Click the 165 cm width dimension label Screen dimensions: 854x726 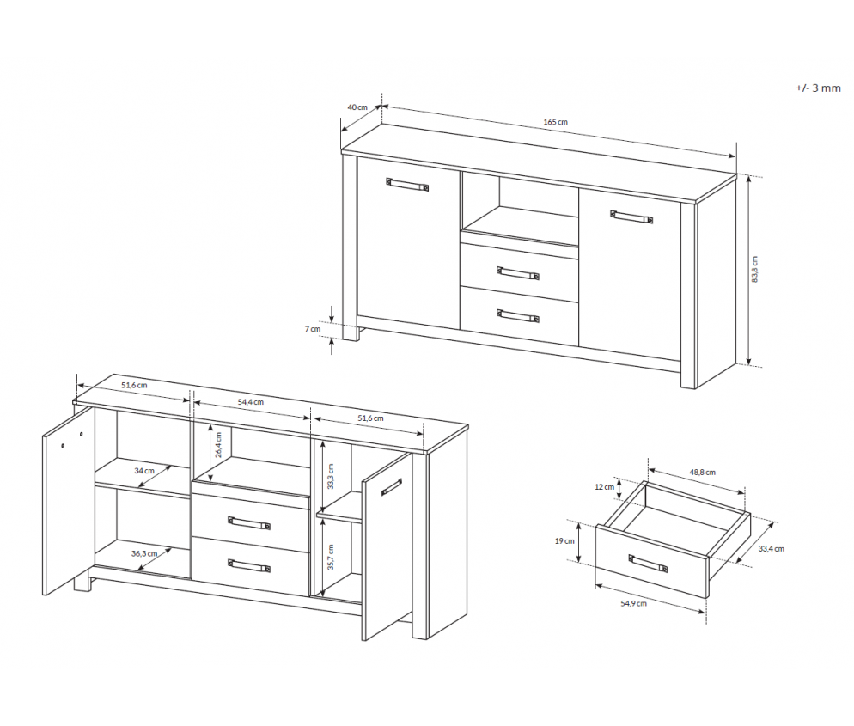(x=555, y=122)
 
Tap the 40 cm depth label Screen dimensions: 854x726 (x=357, y=107)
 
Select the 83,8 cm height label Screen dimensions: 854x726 (x=755, y=269)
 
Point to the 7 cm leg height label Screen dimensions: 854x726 (x=313, y=329)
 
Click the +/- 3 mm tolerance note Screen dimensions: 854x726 (x=818, y=88)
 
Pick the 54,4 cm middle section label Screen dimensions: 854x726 (x=251, y=402)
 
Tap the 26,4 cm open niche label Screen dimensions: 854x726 (x=218, y=444)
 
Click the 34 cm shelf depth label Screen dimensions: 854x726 (x=144, y=471)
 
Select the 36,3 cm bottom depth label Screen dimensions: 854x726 (x=144, y=553)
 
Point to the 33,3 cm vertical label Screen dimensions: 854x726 (x=331, y=477)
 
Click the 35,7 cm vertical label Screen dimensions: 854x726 (x=331, y=557)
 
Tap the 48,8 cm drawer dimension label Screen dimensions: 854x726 (x=703, y=473)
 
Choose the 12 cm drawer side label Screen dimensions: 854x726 (x=604, y=487)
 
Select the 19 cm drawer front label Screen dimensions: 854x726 (x=564, y=540)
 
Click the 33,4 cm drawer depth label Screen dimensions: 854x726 (x=772, y=548)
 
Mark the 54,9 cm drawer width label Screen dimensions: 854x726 (x=633, y=603)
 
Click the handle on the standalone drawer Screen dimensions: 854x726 (x=648, y=564)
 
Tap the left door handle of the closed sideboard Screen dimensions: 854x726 (x=407, y=185)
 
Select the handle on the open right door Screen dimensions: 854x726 (x=392, y=487)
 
